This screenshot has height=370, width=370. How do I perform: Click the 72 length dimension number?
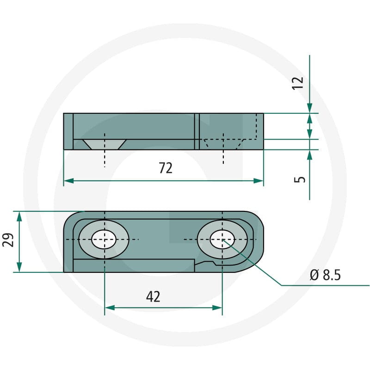pos(166,168)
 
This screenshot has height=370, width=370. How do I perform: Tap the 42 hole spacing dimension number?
pos(153,296)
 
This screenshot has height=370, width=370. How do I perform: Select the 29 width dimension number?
pos(8,240)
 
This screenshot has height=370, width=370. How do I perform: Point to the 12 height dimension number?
pos(298,83)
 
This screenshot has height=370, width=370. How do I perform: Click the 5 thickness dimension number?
pos(299,179)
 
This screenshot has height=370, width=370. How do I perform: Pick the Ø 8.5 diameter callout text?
pos(326,275)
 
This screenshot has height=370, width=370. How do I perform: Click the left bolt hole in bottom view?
pos(104,240)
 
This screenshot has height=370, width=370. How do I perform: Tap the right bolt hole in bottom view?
pos(222,240)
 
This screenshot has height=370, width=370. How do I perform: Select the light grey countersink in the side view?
pos(105,144)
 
